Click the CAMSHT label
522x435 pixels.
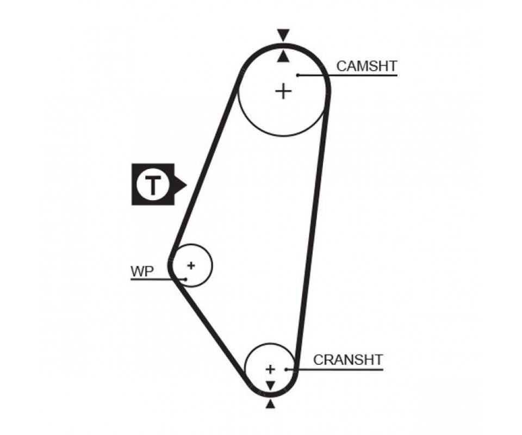367,66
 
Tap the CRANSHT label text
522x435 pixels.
348,359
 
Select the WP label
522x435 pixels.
142,271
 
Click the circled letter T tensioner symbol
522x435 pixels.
152,184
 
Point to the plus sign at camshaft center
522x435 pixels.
283,91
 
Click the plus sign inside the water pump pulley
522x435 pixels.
191,265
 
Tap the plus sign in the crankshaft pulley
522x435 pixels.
270,369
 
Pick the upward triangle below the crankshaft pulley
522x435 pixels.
270,404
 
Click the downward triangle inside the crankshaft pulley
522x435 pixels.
270,385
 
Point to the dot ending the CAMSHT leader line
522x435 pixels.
298,74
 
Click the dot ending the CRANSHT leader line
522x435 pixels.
286,369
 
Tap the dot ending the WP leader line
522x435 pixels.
186,279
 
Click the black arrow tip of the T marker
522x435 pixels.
184,184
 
